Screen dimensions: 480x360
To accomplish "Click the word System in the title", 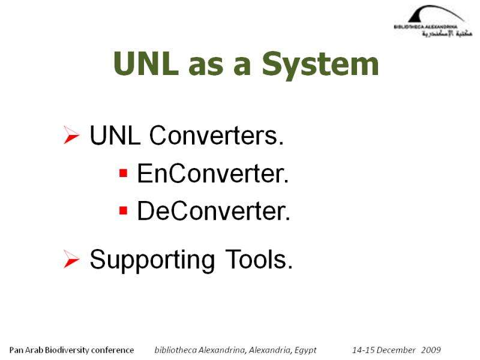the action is click(x=320, y=65).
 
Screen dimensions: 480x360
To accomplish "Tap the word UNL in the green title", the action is click(x=146, y=64).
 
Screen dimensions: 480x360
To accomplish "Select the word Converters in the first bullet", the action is click(x=217, y=136).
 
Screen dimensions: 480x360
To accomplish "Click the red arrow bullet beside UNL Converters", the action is click(x=71, y=134).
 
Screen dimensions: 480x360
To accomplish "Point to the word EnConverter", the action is click(x=213, y=173).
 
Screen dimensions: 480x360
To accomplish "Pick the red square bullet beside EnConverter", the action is click(x=123, y=173).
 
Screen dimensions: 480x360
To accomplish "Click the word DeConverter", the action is click(x=214, y=211).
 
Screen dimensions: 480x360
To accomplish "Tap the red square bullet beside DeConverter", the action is click(x=123, y=211).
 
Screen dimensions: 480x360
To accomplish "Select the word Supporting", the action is click(x=152, y=260).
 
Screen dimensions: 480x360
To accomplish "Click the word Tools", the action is click(x=259, y=259).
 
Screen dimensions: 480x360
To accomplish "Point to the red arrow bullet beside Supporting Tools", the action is click(x=71, y=259).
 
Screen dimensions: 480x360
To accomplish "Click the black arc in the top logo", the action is click(x=437, y=13).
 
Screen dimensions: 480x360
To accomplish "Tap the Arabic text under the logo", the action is click(x=448, y=34).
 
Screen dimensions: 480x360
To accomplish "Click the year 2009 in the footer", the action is click(x=431, y=350).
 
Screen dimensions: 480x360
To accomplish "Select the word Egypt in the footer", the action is click(x=305, y=350).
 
